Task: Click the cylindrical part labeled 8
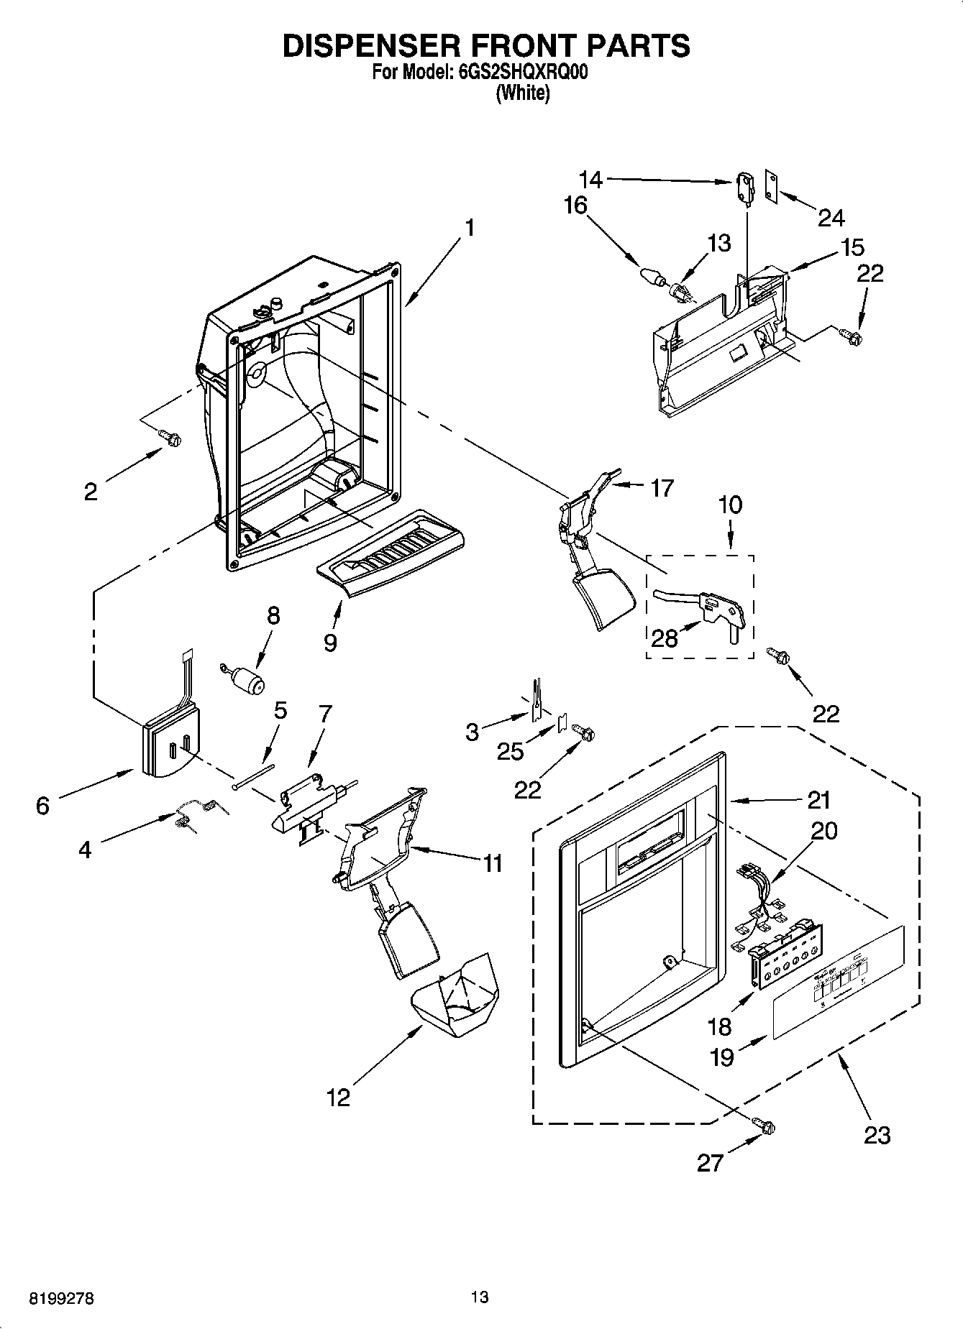point(248,681)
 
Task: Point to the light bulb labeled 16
point(650,275)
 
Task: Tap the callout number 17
point(661,488)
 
